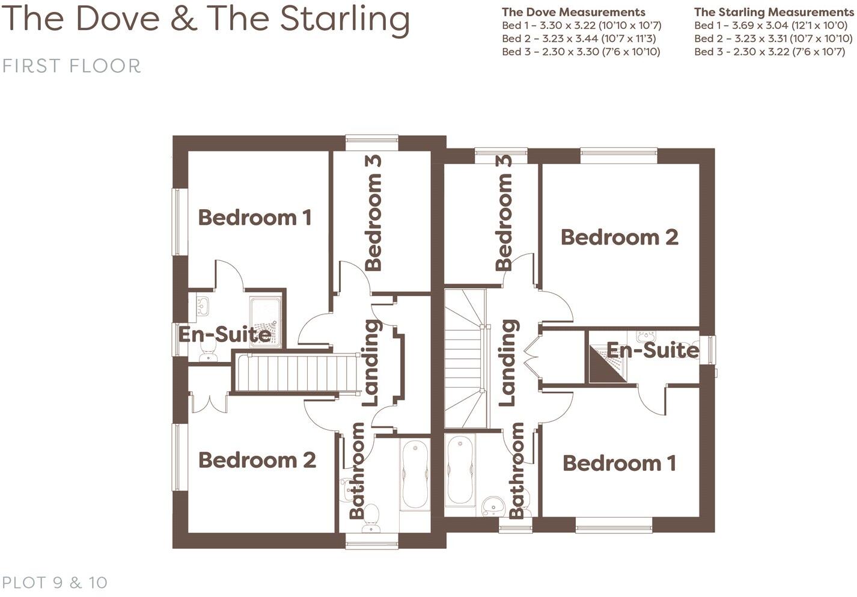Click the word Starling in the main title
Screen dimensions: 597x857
[x=344, y=19]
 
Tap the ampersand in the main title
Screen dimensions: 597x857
[x=183, y=19]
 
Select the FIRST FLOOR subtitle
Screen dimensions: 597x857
[x=72, y=66]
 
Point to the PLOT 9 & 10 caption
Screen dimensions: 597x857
[x=55, y=582]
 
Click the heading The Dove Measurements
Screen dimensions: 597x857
[x=573, y=12]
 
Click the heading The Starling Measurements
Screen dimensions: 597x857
[x=773, y=12]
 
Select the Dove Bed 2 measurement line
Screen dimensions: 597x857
[x=579, y=38]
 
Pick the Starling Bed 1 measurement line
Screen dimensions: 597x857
[x=770, y=25]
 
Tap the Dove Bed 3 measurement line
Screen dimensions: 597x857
[x=581, y=52]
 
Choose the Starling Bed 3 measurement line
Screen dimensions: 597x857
[x=769, y=52]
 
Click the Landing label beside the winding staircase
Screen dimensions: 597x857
[x=508, y=362]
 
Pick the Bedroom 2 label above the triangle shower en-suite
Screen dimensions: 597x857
[x=619, y=237]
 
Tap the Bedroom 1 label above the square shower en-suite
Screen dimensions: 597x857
[x=255, y=218]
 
